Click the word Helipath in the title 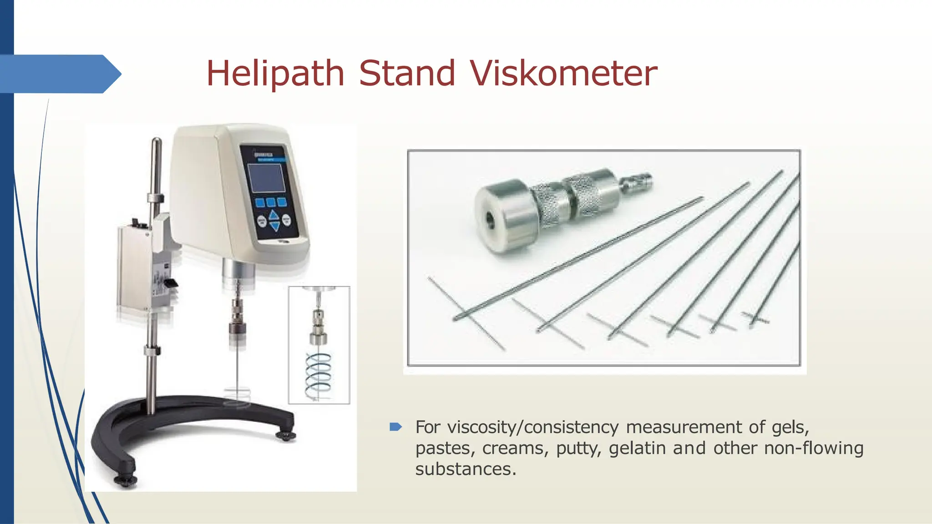[x=275, y=74]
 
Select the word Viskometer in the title [x=564, y=74]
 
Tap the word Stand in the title [x=407, y=74]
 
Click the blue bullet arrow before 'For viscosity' [x=395, y=427]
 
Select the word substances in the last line [x=465, y=469]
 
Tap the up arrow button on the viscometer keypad [x=274, y=215]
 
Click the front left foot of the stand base [x=126, y=480]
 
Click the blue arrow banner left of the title [x=59, y=74]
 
